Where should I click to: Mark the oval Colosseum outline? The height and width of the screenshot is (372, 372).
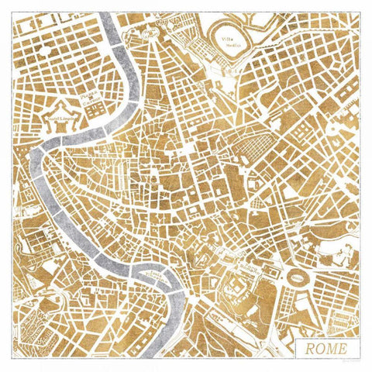297,275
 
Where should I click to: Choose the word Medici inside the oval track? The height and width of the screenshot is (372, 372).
230,45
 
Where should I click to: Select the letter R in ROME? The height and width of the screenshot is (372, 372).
309,346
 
